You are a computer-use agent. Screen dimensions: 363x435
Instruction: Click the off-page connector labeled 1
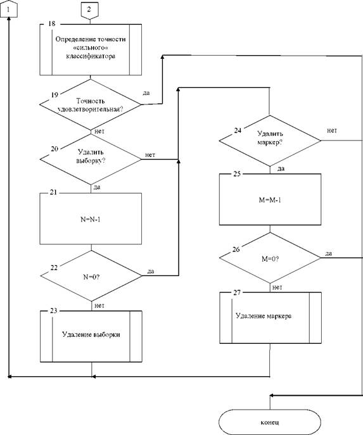pyautogui.click(x=9, y=9)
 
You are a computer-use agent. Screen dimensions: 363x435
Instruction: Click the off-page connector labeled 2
pyautogui.click(x=89, y=11)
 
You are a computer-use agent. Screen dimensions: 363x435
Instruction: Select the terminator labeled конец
pyautogui.click(x=270, y=422)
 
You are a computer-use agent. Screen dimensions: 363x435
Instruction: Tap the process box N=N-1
pyautogui.click(x=91, y=218)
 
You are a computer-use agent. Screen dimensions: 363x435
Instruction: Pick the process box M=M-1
pyautogui.click(x=270, y=199)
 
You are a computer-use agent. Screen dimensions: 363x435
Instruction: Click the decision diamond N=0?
pyautogui.click(x=91, y=276)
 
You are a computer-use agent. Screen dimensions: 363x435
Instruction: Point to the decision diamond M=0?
pyautogui.click(x=270, y=258)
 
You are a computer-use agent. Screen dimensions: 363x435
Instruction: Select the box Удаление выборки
pyautogui.click(x=91, y=336)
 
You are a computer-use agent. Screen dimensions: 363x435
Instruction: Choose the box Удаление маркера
pyautogui.click(x=271, y=318)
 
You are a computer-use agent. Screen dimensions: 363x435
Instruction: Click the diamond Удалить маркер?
pyautogui.click(x=270, y=141)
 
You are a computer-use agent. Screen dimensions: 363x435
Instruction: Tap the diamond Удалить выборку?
pyautogui.click(x=91, y=159)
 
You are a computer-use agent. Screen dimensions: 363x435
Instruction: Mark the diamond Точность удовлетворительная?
pyautogui.click(x=91, y=104)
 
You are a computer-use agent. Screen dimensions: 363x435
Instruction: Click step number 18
pyautogui.click(x=52, y=23)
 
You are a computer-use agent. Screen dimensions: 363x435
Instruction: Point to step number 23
pyautogui.click(x=54, y=310)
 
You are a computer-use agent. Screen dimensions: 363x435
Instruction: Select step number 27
pyautogui.click(x=237, y=293)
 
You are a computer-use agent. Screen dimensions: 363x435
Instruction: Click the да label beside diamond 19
pyautogui.click(x=146, y=93)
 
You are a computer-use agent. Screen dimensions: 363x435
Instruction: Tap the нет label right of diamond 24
pyautogui.click(x=331, y=130)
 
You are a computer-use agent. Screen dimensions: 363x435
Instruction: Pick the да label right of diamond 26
pyautogui.click(x=329, y=253)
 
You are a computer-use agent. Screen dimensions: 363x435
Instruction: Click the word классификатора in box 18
pyautogui.click(x=91, y=56)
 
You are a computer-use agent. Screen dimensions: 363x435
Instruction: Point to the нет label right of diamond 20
pyautogui.click(x=150, y=154)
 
